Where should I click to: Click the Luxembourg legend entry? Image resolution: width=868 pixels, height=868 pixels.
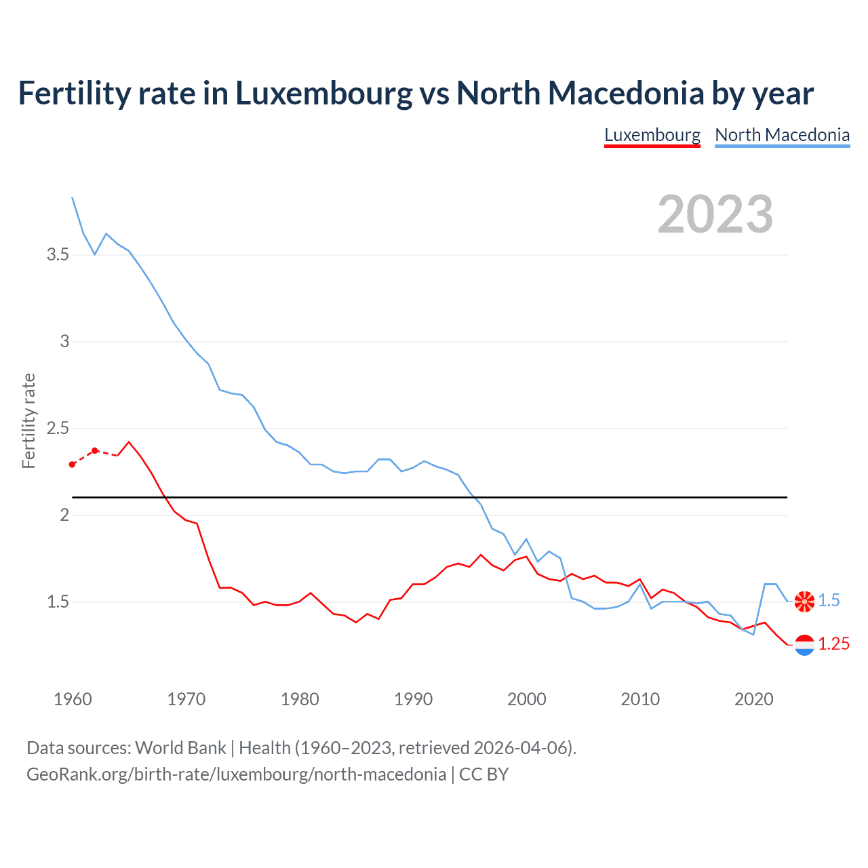(652, 135)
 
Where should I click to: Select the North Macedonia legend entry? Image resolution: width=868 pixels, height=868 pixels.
(782, 135)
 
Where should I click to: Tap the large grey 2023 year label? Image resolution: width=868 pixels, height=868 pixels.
(715, 214)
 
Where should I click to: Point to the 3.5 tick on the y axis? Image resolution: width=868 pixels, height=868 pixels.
(58, 255)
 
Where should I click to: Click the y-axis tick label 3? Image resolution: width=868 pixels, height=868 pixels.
(64, 342)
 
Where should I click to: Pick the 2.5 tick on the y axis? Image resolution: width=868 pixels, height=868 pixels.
(58, 429)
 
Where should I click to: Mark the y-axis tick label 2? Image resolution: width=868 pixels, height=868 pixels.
(64, 515)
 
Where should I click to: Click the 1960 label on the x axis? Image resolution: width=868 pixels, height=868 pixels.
(73, 699)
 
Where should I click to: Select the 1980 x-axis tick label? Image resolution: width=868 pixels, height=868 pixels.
(300, 699)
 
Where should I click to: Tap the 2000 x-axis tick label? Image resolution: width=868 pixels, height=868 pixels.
(526, 699)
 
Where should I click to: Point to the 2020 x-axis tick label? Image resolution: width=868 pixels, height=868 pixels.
(753, 699)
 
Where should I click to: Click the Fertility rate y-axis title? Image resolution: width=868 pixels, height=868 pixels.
(28, 420)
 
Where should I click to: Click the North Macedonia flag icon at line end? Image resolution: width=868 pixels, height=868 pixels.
(804, 601)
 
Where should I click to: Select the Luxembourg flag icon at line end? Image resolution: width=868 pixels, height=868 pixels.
(804, 645)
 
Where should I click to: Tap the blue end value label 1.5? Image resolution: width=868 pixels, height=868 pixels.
(829, 601)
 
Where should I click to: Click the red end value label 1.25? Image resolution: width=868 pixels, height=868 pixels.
(833, 644)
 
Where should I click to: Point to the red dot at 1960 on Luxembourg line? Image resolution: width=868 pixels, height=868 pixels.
(73, 465)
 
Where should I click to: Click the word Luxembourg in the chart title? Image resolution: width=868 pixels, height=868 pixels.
(323, 94)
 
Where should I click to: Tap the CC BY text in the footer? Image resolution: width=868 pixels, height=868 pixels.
(484, 774)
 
